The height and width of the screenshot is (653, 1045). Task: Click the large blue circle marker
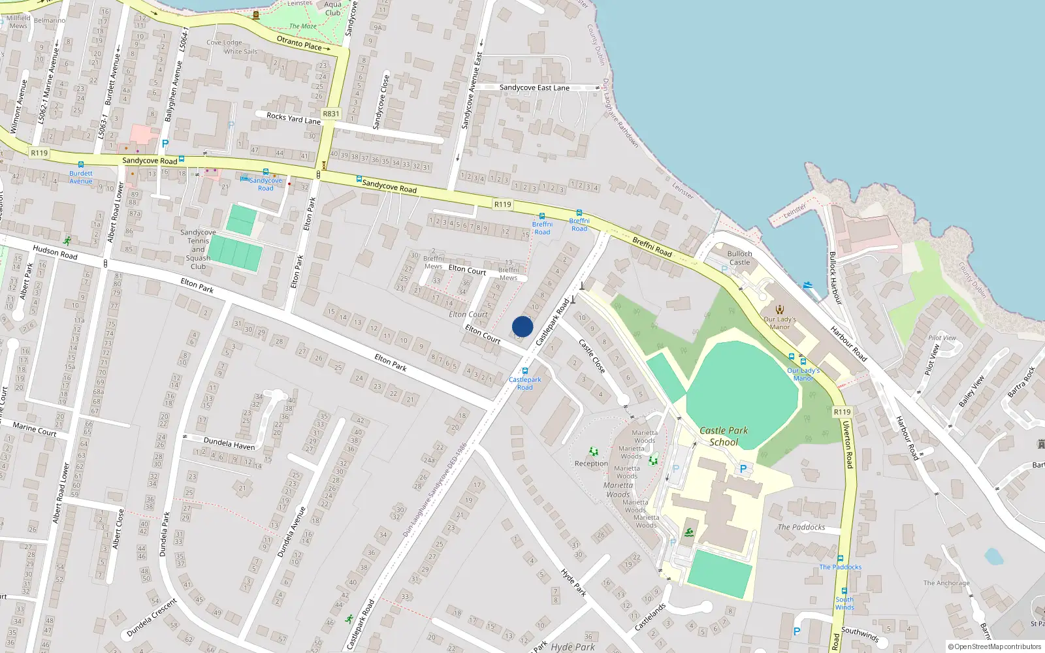[x=522, y=326]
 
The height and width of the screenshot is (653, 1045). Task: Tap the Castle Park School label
[x=724, y=436]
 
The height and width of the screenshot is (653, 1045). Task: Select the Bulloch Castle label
[x=739, y=258]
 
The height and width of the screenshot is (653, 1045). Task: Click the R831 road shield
[x=331, y=114]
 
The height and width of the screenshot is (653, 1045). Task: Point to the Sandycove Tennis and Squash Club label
[x=198, y=249]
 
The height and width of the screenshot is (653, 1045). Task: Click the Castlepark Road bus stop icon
[x=525, y=371]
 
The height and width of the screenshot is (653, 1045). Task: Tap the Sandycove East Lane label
[x=534, y=88]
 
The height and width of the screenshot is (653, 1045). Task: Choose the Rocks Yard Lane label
[x=293, y=118]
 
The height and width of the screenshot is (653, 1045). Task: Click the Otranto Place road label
[x=303, y=44]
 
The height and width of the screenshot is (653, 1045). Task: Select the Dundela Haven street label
[x=229, y=443]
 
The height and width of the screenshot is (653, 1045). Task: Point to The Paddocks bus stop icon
[x=841, y=559]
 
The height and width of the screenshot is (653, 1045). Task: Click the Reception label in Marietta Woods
[x=591, y=464]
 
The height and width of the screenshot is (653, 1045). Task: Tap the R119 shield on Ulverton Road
[x=842, y=412]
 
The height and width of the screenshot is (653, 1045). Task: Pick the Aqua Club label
[x=333, y=8]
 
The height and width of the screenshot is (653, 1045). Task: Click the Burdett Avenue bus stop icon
[x=81, y=165]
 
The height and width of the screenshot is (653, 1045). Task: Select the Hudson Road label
[x=55, y=252]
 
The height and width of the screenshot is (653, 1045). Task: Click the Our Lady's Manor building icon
[x=779, y=310]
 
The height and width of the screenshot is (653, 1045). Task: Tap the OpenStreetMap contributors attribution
[x=995, y=647]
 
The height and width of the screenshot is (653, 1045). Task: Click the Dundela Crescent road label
[x=152, y=618]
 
